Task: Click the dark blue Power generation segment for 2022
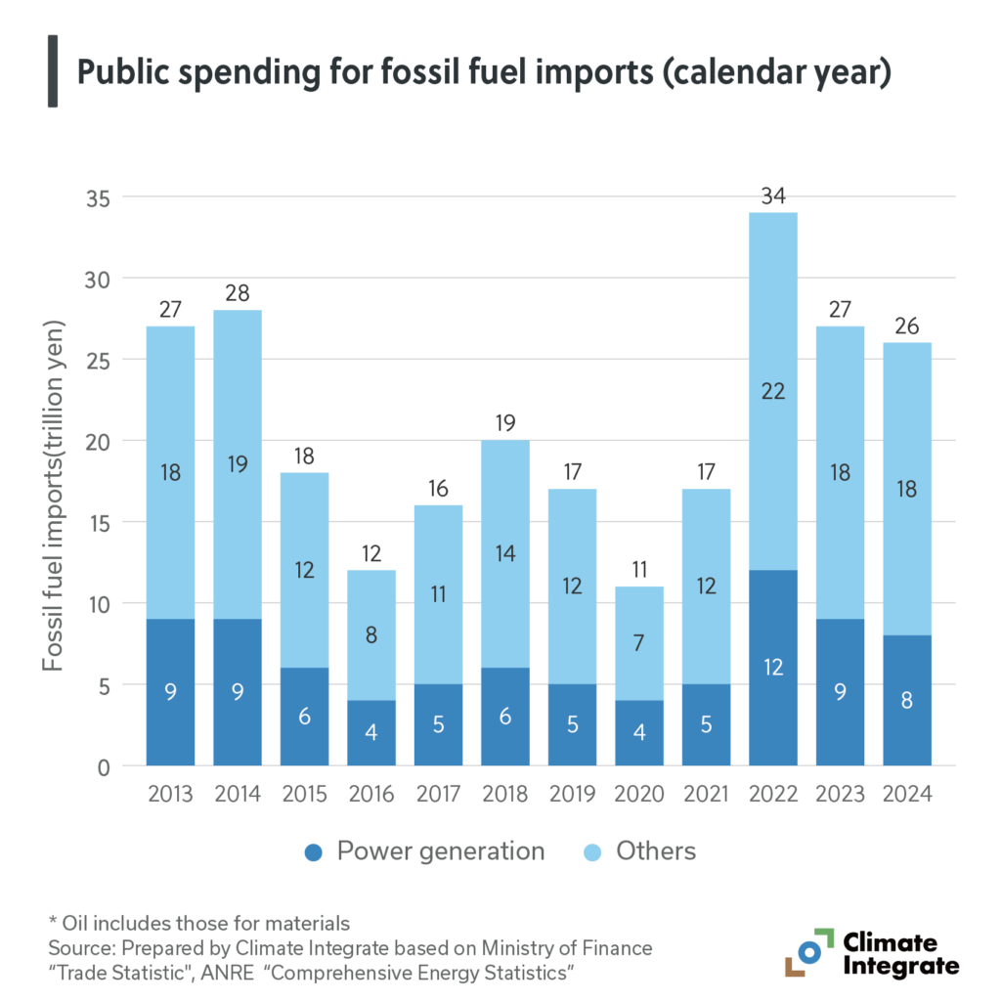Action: (773, 668)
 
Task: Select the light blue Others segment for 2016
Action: (370, 635)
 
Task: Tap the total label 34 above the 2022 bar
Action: (773, 196)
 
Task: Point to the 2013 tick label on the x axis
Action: (169, 794)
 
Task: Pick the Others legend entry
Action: (641, 851)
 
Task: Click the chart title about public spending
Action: (484, 74)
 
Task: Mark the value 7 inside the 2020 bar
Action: (639, 643)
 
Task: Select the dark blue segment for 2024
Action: (907, 700)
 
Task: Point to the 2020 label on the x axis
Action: (639, 794)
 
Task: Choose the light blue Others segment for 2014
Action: (237, 464)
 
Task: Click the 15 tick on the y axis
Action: (102, 523)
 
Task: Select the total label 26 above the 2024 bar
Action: (907, 326)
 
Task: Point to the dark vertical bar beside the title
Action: (52, 74)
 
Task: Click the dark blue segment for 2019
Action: (572, 724)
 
